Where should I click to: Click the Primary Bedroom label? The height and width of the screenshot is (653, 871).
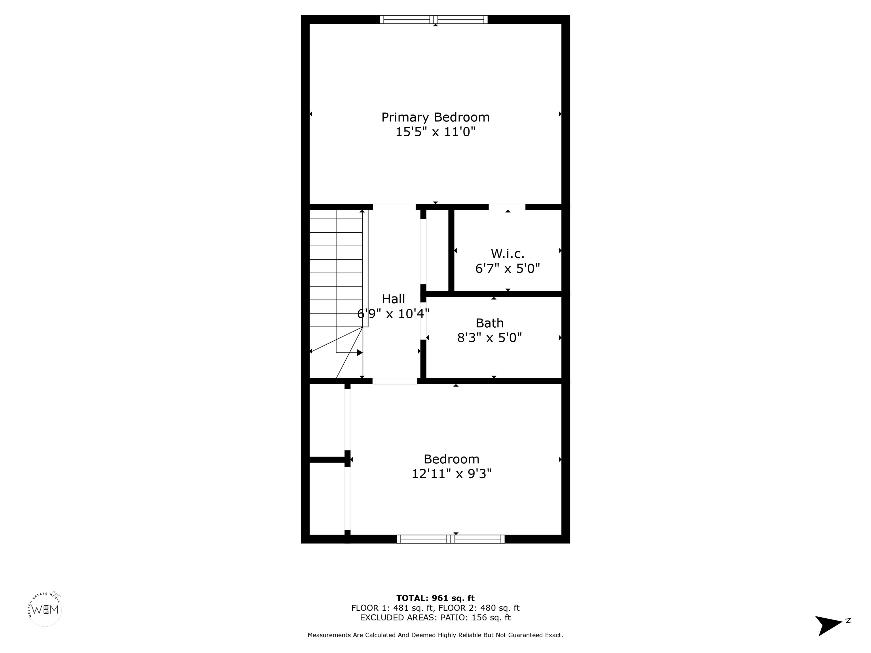(x=435, y=117)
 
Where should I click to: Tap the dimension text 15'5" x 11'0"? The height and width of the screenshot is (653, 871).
(x=435, y=132)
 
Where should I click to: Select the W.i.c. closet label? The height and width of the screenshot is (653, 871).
(x=507, y=253)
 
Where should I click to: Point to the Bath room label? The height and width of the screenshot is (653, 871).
(x=489, y=323)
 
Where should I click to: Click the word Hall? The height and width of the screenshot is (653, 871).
(x=393, y=299)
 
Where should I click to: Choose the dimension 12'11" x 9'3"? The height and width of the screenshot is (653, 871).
(x=451, y=474)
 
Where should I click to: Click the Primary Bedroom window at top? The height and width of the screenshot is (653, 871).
(x=434, y=19)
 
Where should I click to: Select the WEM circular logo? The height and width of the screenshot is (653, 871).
(x=45, y=610)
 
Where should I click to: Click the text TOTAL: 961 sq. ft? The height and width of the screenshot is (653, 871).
(x=435, y=599)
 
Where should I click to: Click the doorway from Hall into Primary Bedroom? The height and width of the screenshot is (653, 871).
(x=394, y=207)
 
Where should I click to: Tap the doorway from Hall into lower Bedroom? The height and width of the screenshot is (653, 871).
(x=395, y=381)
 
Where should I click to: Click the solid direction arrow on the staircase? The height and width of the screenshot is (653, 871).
(x=359, y=353)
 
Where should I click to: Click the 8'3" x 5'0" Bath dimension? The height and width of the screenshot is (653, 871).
(x=489, y=338)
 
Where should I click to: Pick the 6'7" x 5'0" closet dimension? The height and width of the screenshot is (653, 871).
(x=507, y=268)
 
